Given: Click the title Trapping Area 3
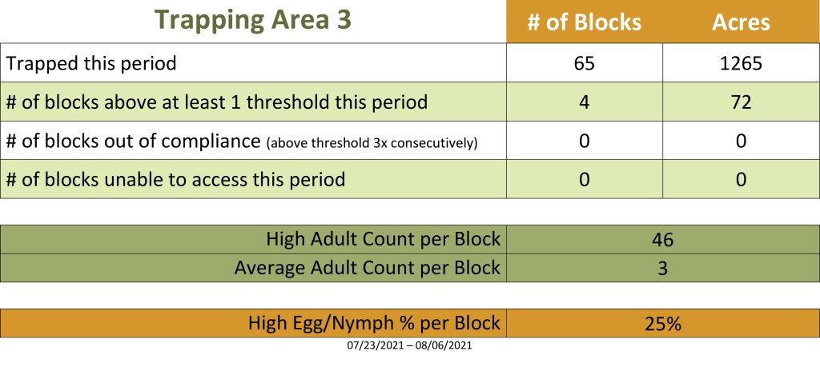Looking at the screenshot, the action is [253, 20].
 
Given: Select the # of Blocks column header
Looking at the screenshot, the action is [584, 22].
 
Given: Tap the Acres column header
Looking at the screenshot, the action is [741, 22].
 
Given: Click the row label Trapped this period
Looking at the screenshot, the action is [91, 63].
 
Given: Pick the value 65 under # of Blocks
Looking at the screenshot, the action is [584, 64].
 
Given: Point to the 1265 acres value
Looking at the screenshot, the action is [741, 64].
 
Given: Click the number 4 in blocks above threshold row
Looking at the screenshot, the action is [584, 102].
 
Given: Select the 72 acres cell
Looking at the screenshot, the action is [741, 102].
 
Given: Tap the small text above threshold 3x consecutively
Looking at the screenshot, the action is [372, 143].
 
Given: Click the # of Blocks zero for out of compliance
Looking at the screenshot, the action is [584, 141].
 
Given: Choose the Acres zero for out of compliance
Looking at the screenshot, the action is [741, 141].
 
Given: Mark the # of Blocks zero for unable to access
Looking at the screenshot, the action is [584, 180].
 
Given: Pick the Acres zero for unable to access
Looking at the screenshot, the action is [741, 180].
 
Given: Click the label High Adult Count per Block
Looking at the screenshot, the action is [384, 239].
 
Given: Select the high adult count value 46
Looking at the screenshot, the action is [662, 240].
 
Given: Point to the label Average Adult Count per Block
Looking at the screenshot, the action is [367, 268].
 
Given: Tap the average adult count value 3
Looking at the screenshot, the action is [662, 269].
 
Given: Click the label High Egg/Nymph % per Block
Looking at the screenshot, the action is [375, 323].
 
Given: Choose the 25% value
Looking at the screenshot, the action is [662, 324].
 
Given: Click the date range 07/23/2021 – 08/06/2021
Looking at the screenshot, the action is [409, 345].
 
